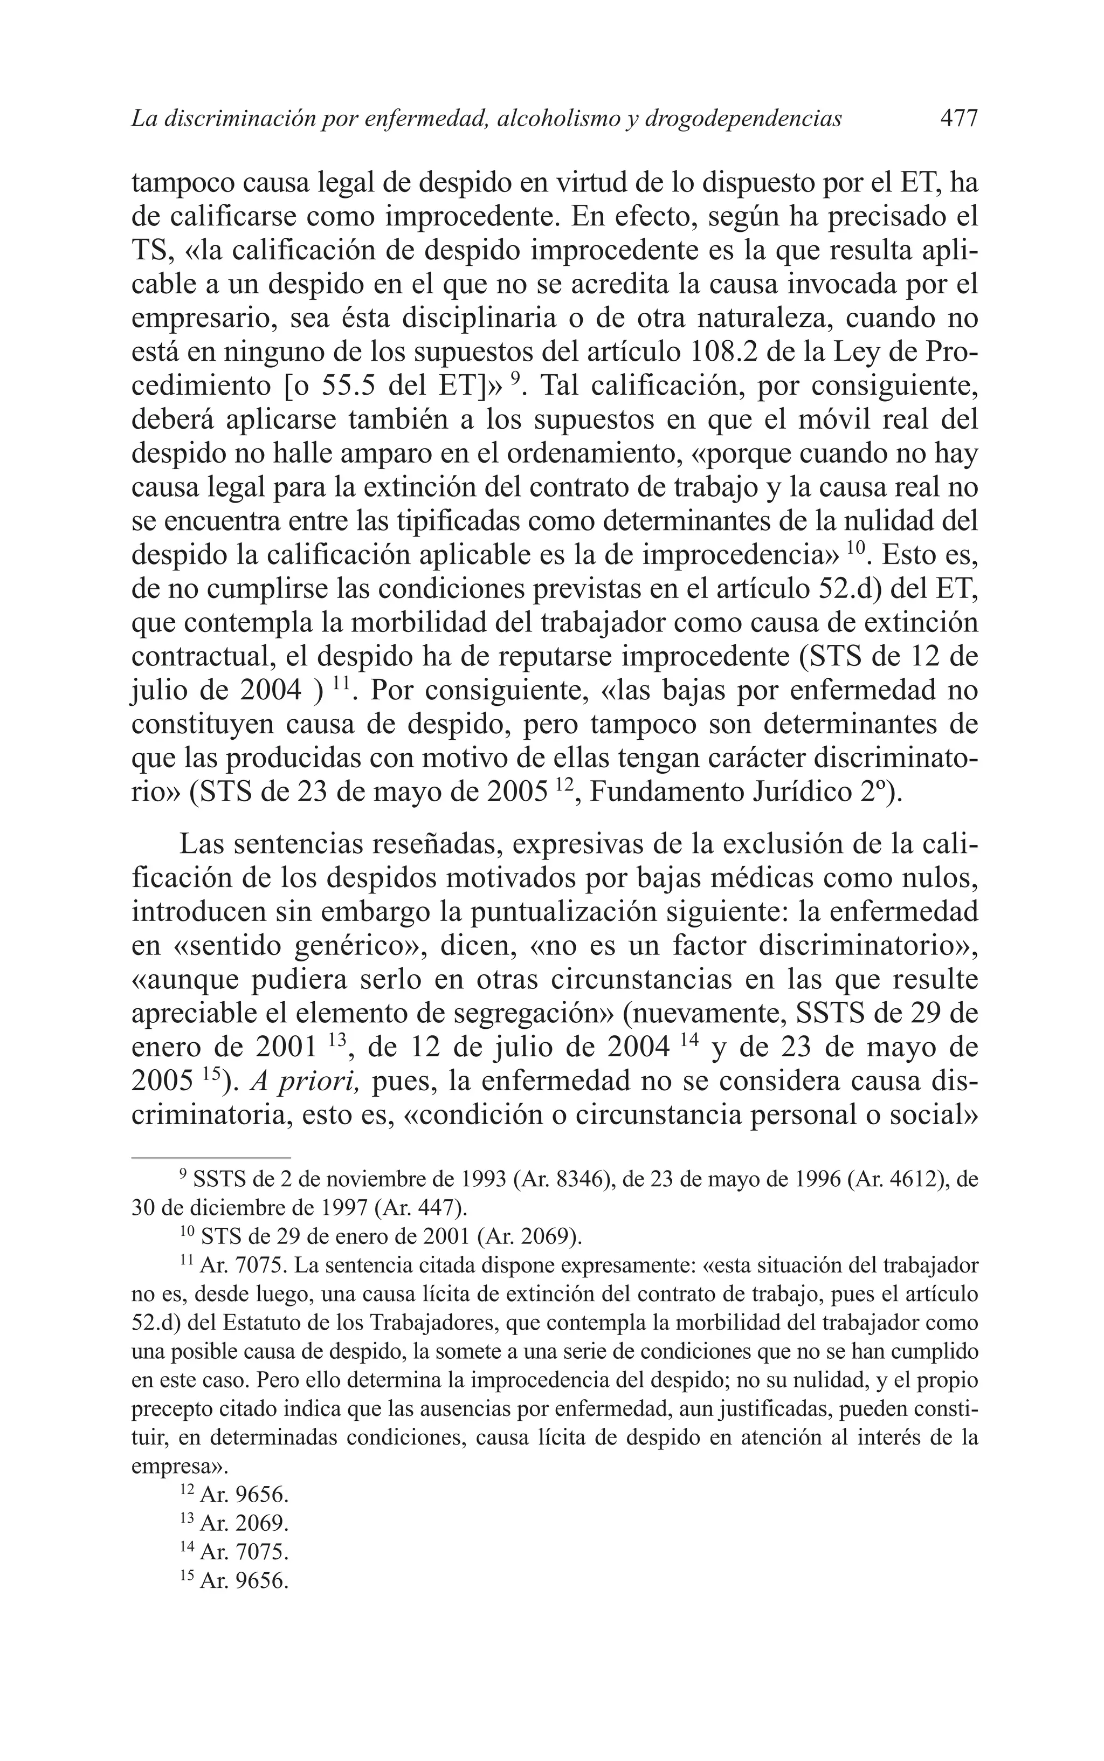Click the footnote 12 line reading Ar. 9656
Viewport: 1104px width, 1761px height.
[243, 1495]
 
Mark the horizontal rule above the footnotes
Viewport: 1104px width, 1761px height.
[211, 1157]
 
